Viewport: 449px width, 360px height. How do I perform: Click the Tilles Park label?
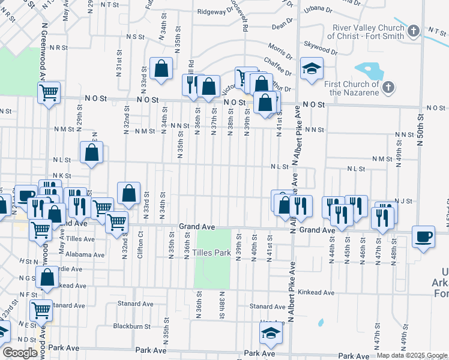[211, 253]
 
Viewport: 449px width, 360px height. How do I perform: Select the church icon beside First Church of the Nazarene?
[388, 88]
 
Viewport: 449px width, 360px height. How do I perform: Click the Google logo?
[20, 353]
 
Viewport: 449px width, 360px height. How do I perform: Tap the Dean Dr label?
[281, 26]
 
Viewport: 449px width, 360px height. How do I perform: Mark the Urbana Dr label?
[318, 10]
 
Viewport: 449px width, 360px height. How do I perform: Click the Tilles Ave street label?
[80, 239]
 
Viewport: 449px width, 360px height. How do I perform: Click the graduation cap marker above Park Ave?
[271, 334]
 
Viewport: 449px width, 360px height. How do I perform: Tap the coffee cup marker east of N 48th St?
[424, 236]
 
